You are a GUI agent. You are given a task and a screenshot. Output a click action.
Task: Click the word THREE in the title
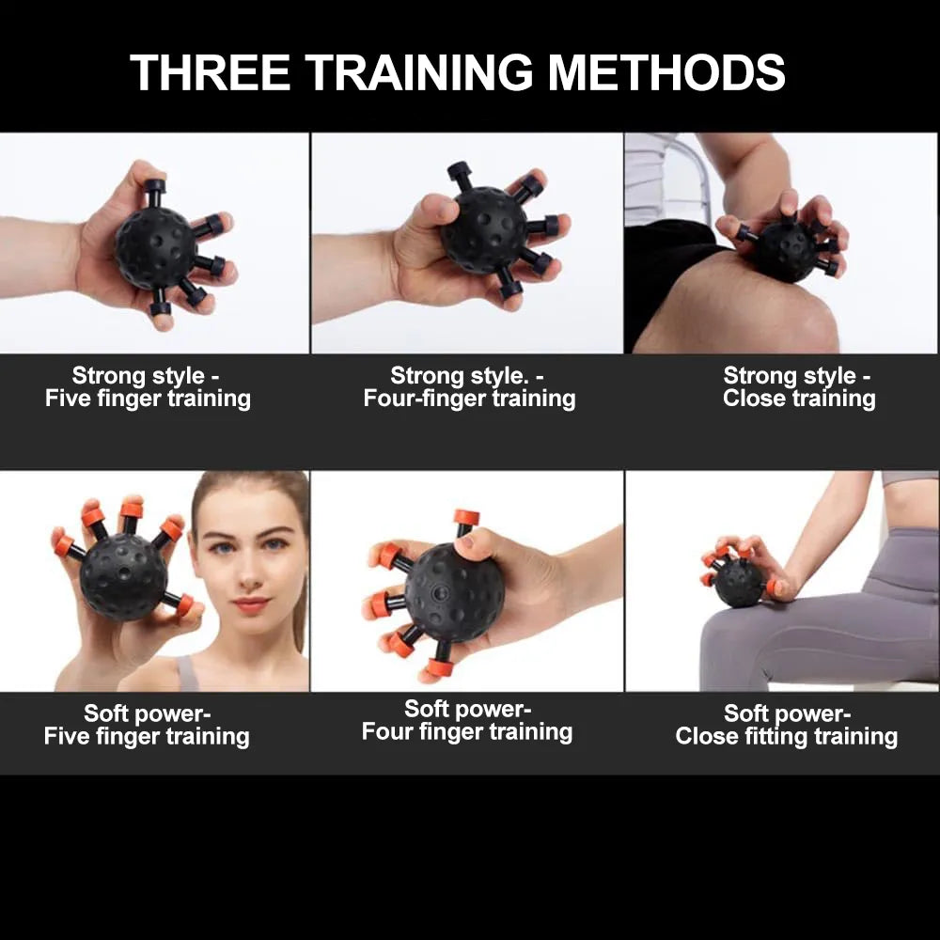click(210, 72)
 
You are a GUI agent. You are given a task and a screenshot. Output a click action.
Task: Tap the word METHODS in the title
click(666, 72)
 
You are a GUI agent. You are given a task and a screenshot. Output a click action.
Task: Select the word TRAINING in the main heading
click(419, 72)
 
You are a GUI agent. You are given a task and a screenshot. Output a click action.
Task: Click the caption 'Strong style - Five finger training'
click(148, 387)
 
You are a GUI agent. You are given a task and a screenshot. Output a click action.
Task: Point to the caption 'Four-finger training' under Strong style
click(469, 399)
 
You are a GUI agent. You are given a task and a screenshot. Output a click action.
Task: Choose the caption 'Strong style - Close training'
click(798, 387)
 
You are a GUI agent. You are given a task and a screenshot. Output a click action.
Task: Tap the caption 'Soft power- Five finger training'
click(147, 726)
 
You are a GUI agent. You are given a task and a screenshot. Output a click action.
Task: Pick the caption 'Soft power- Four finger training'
click(467, 721)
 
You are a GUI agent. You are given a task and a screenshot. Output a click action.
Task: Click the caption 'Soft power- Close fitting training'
click(787, 726)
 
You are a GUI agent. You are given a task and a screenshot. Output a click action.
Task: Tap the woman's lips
click(251, 604)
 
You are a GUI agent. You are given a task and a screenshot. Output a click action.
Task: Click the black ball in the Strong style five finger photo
click(156, 248)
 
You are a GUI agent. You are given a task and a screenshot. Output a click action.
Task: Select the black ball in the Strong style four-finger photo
click(484, 230)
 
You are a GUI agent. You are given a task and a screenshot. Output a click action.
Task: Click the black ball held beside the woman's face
click(123, 576)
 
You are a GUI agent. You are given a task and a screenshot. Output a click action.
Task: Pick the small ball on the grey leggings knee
click(739, 583)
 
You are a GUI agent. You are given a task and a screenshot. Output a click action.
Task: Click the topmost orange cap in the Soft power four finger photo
click(466, 517)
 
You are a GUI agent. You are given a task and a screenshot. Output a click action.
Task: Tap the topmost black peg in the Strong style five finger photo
click(154, 191)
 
